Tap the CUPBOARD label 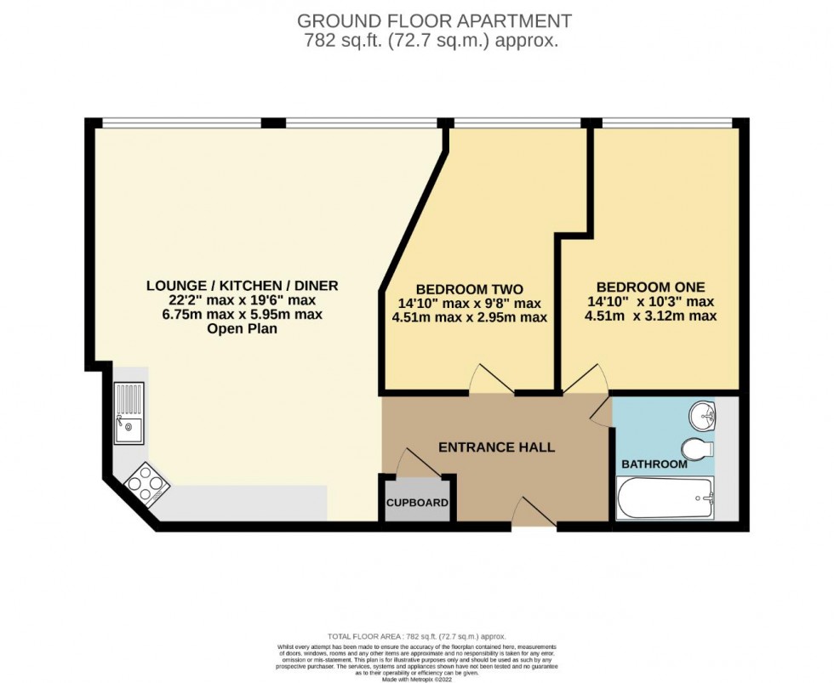click(417, 503)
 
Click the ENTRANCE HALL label click(496, 447)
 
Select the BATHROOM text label click(654, 464)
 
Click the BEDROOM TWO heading click(469, 288)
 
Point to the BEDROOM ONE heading click(651, 287)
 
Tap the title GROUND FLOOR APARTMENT click(433, 21)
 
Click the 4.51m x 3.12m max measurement click(651, 316)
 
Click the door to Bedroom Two click(492, 379)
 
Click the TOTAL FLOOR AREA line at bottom click(416, 636)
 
